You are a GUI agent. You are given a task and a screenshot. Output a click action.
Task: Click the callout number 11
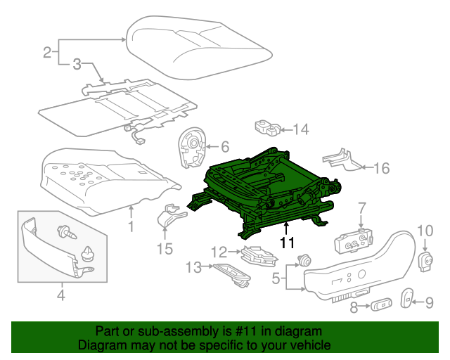coord(286,243)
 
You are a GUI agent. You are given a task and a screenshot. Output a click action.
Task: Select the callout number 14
coord(301,129)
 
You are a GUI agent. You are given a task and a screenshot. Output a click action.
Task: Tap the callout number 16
coord(381,167)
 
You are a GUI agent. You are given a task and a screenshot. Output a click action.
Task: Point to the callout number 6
coord(225,147)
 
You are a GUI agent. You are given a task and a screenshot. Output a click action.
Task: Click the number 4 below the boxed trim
coord(60,296)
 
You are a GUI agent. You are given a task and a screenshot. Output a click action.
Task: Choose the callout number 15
coord(164,248)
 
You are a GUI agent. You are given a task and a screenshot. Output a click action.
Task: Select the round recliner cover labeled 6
coord(191,148)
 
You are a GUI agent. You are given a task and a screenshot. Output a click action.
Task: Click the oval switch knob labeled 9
coord(407,298)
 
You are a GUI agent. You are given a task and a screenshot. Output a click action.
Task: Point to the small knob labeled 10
coord(425,261)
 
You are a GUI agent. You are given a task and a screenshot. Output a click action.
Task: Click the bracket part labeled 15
coord(167,216)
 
